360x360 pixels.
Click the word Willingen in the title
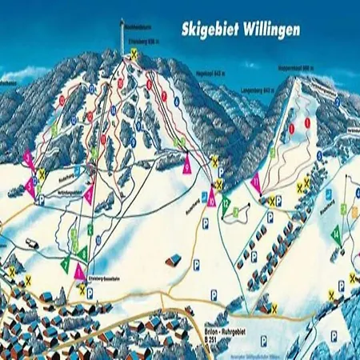click(x=270, y=30)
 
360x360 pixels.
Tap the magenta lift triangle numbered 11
click(x=255, y=182)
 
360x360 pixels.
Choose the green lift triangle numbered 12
click(x=227, y=205)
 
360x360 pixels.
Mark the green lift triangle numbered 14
click(x=338, y=234)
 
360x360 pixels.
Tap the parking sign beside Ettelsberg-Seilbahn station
click(x=90, y=293)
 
